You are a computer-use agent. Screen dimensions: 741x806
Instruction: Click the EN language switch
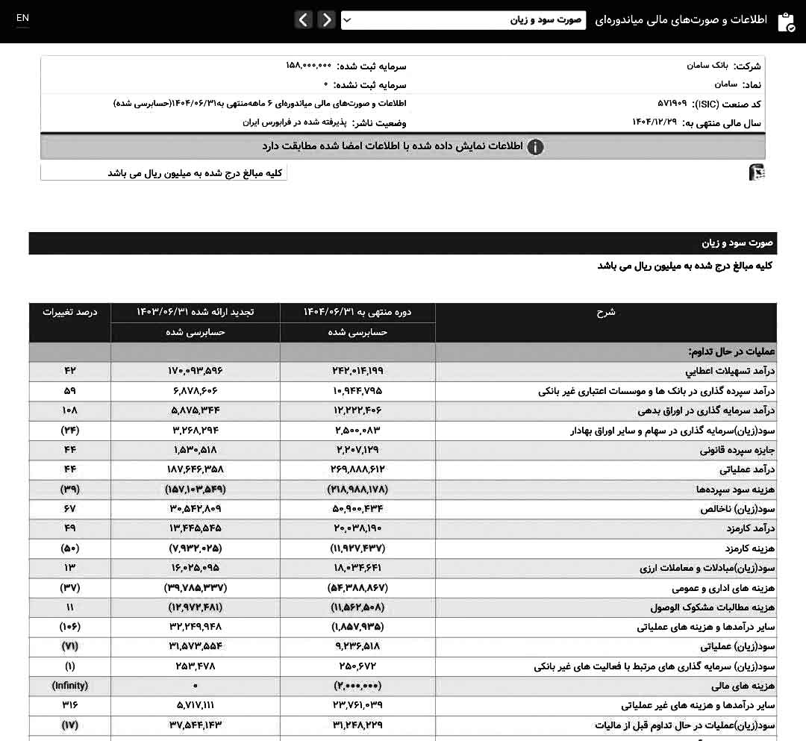coord(22,18)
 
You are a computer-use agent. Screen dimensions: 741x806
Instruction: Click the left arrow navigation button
coord(304,20)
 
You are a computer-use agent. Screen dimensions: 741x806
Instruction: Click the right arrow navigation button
coord(326,20)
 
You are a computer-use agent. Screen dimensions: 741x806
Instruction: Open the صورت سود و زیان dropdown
coord(463,20)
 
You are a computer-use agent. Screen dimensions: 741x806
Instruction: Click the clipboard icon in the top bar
coord(786,22)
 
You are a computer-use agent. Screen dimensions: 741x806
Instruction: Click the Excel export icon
coord(757,172)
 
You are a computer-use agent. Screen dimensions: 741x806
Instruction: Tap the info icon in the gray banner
coord(535,147)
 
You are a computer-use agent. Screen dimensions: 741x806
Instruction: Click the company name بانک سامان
coord(707,66)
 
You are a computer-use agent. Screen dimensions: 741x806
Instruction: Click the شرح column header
coord(605,313)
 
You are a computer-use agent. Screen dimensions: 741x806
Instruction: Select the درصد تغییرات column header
coord(70,312)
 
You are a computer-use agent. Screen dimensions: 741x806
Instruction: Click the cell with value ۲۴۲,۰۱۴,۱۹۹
coord(357,371)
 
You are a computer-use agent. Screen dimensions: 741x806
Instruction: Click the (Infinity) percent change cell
coord(70,685)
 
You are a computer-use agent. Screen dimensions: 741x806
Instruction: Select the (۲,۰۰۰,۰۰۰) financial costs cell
coord(357,685)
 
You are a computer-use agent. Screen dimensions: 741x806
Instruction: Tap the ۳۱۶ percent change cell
coord(70,704)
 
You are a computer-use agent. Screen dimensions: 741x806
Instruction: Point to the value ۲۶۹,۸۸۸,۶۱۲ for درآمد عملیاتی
coord(357,469)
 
